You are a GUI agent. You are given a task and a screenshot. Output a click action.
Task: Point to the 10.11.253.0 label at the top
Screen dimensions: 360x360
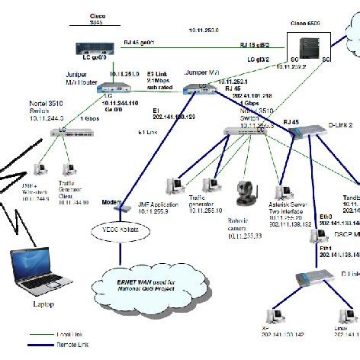[204, 30]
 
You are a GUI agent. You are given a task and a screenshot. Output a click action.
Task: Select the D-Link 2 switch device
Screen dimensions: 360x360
[310, 134]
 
